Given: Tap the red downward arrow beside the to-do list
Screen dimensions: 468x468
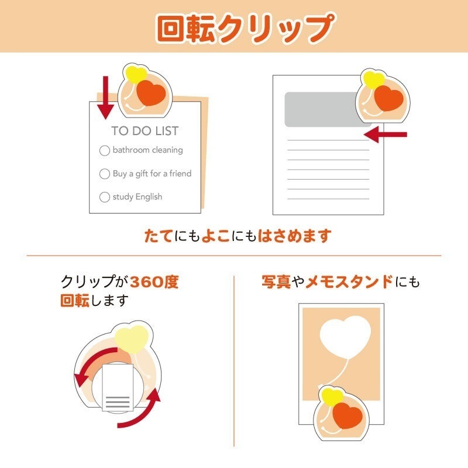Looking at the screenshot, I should tap(105, 96).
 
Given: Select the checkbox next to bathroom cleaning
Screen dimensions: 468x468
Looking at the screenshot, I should tap(105, 150).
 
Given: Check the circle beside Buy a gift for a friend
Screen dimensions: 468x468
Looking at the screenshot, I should tap(105, 174).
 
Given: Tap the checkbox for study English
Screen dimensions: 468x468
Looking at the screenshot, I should tap(105, 197).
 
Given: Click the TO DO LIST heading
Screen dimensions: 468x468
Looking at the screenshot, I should tap(145, 131).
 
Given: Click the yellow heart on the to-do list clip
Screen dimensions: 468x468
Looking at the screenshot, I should tap(136, 75).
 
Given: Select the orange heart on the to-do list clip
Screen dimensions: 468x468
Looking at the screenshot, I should tap(152, 93).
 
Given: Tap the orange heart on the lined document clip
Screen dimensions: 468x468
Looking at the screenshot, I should tap(389, 98).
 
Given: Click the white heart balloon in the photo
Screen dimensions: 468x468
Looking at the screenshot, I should tap(345, 338).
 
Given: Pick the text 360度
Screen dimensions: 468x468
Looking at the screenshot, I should tap(154, 282).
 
